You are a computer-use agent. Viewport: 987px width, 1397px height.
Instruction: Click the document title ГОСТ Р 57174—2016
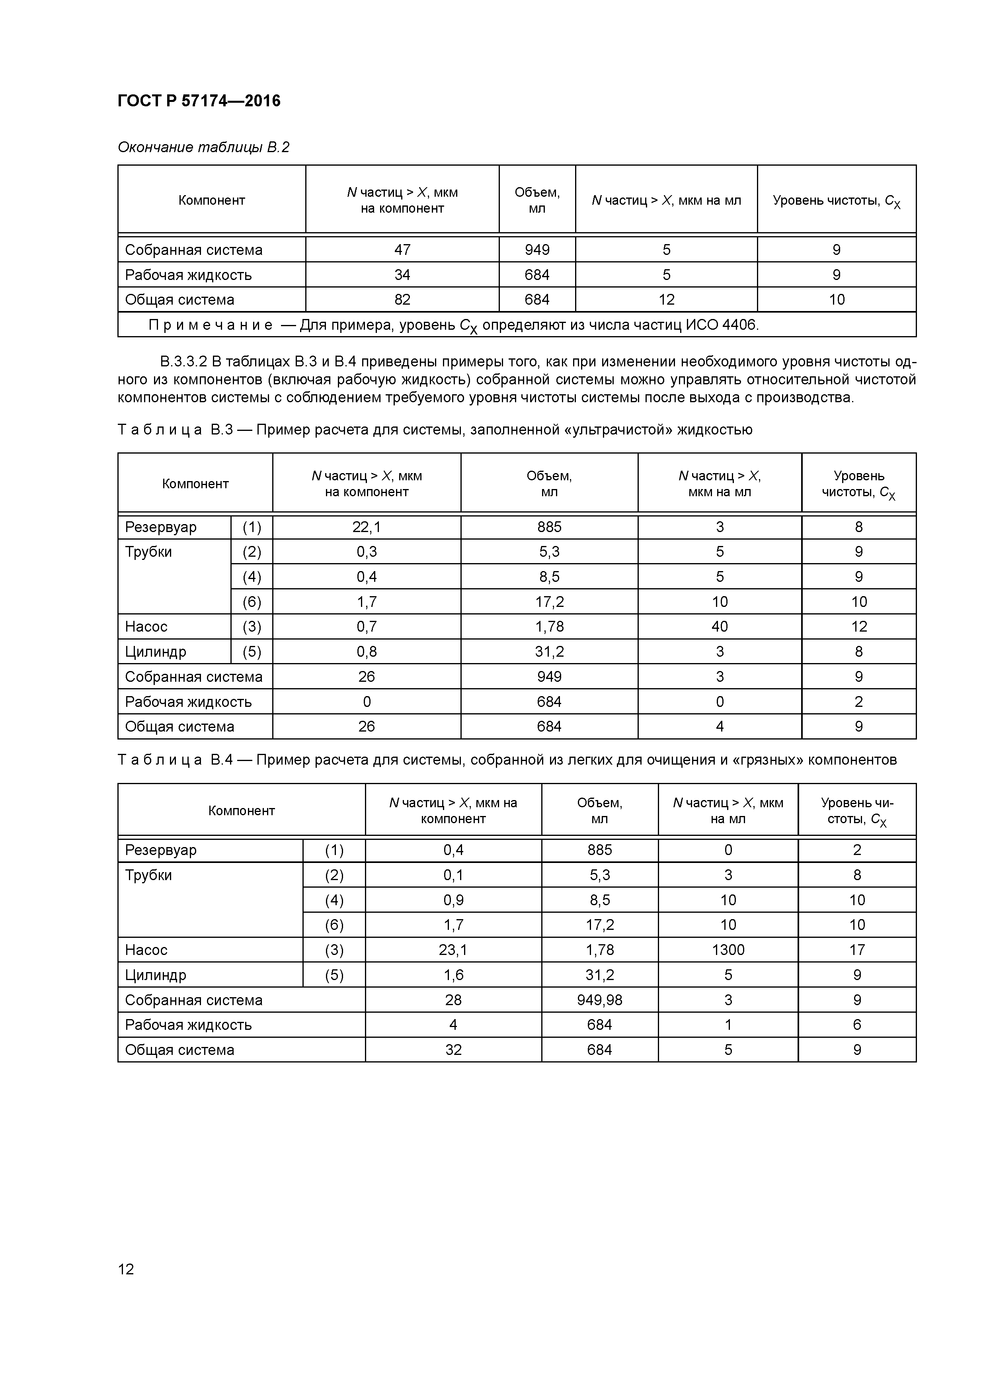click(x=199, y=100)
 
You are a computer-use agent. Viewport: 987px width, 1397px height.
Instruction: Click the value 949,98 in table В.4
click(x=599, y=1000)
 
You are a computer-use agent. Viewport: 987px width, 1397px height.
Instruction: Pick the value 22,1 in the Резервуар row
click(x=366, y=527)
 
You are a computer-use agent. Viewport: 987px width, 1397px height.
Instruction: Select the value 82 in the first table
click(x=402, y=299)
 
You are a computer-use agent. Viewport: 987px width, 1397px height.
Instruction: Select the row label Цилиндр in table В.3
click(x=156, y=652)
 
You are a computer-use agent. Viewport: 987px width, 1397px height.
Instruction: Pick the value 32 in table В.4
click(x=453, y=1050)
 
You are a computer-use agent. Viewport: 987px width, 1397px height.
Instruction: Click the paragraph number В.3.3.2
click(x=183, y=362)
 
